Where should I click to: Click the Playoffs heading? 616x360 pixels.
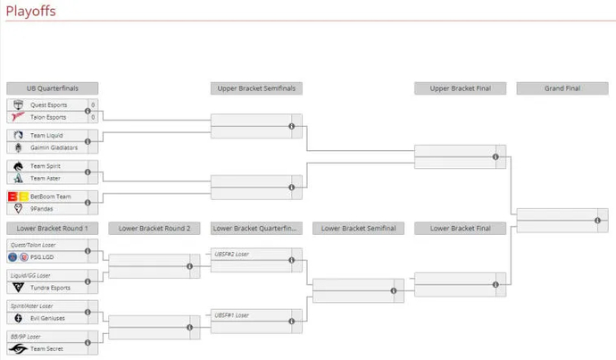click(28, 9)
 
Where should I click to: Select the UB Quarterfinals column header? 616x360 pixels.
click(52, 88)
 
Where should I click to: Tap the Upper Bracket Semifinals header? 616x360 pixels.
click(256, 88)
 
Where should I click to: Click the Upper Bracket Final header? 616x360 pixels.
click(460, 88)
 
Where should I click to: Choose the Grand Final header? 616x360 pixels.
click(562, 88)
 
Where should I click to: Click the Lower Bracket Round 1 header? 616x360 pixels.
click(52, 229)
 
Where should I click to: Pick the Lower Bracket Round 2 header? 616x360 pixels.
click(154, 229)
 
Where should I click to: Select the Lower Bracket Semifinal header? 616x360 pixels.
click(358, 229)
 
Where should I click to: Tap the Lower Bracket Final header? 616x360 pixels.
click(460, 229)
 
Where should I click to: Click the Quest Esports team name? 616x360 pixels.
click(49, 105)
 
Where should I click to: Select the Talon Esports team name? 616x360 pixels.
click(48, 117)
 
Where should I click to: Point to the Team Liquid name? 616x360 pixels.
click(46, 136)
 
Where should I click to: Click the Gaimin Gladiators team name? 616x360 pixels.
click(54, 147)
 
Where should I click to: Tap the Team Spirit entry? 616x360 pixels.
click(46, 166)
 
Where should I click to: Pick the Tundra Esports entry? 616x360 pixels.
click(50, 288)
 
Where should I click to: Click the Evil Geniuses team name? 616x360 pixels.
click(48, 318)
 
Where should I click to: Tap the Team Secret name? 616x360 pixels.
click(47, 348)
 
